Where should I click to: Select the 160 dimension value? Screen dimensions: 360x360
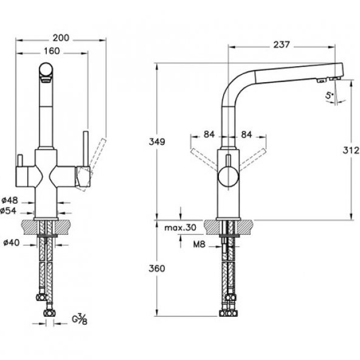pos(53,50)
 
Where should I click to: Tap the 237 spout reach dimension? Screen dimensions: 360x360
pos(281,44)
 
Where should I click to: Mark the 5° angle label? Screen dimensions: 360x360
pos(329,95)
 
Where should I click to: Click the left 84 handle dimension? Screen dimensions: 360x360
pos(209,134)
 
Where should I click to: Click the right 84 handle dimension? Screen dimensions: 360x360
pos(247,134)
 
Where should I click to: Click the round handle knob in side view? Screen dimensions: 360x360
pos(226,178)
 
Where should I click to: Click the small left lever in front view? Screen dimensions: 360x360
pos(20,164)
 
